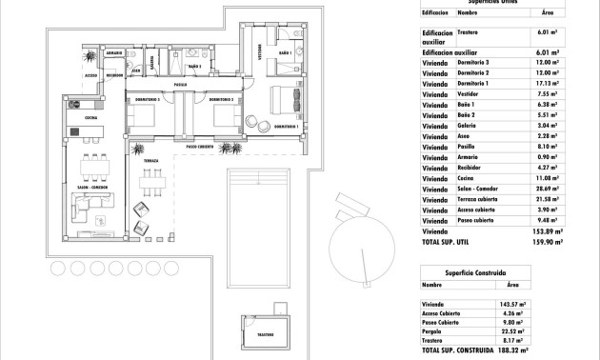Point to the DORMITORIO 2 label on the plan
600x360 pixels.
221,99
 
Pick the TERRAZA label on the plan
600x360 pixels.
150,163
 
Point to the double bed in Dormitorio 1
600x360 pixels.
285,100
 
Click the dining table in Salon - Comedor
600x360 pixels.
93,174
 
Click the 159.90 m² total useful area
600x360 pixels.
545,242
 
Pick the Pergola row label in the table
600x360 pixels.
433,331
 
